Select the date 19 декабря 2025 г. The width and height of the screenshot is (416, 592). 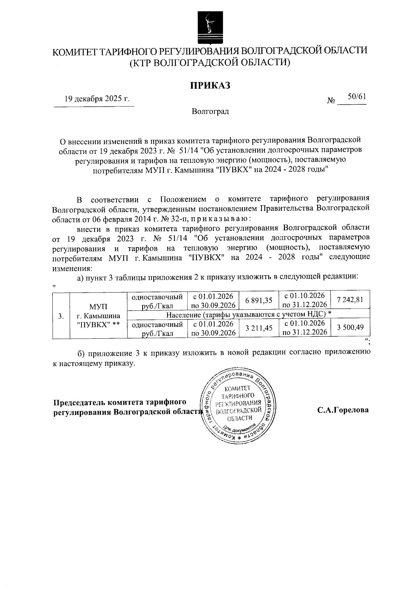97,98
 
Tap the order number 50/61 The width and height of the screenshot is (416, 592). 357,97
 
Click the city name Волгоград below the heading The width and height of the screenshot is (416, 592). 210,112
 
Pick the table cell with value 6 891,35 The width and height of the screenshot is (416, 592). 258,301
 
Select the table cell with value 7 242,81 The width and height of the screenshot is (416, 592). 350,300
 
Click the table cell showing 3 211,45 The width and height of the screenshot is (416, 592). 258,328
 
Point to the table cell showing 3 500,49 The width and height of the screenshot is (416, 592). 350,328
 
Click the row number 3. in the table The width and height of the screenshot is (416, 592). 61,316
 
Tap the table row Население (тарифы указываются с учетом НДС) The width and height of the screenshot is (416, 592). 248,314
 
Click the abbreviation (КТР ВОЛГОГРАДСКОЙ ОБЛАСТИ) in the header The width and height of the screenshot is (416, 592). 209,62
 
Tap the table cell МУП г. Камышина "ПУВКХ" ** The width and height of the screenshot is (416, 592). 98,316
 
